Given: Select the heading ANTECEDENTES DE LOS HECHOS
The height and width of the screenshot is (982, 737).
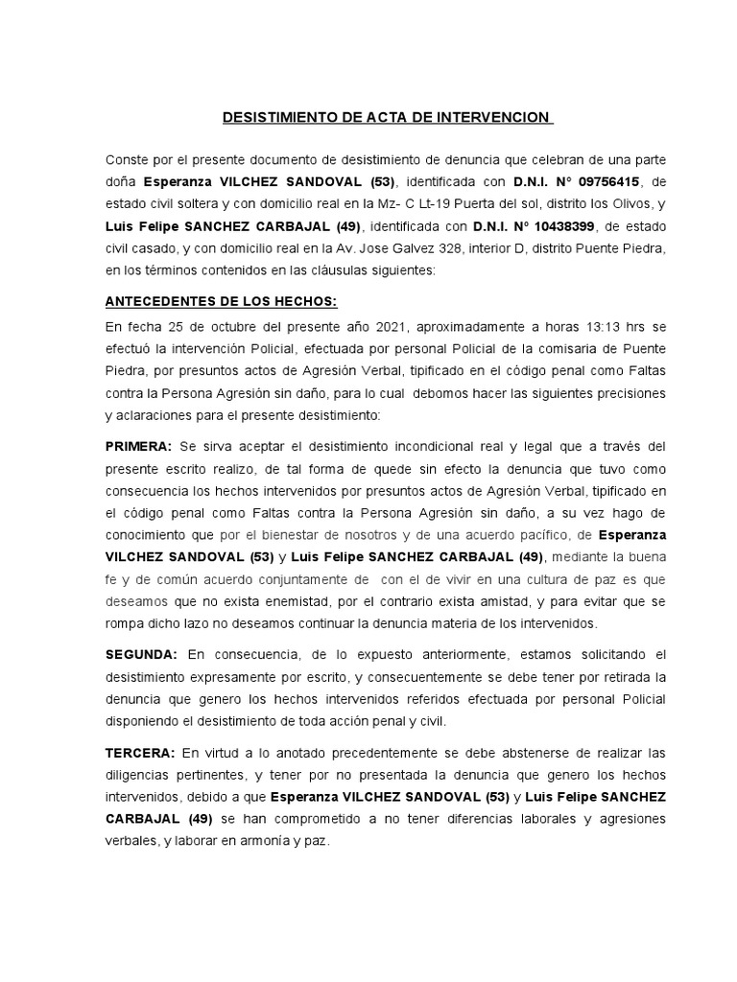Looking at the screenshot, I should pyautogui.click(x=221, y=301).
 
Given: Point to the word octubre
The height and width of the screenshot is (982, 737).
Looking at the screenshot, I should pyautogui.click(x=216, y=324).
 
